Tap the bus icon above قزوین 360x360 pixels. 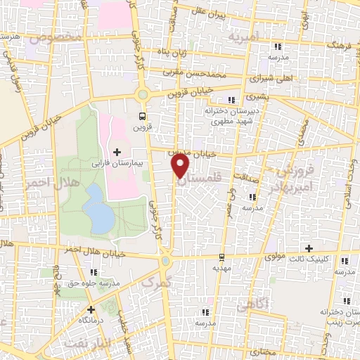point(143,116)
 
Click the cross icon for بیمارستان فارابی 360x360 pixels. point(117,152)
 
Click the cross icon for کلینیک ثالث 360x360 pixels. point(309,247)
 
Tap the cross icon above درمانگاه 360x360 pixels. point(90,309)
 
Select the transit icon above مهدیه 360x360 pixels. point(221,257)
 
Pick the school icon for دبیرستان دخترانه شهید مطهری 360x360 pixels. point(232,100)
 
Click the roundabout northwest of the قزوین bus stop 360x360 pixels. point(143,94)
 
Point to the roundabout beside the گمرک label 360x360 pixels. point(166,261)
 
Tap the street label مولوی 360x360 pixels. point(275,257)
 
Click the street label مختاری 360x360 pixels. point(262,349)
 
